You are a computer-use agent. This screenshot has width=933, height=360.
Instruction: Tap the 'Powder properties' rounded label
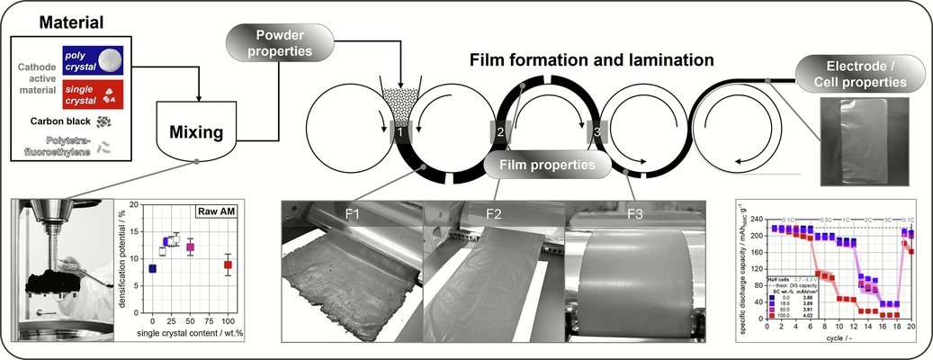[279, 43]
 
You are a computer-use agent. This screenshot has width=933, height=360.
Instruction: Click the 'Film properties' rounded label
[543, 165]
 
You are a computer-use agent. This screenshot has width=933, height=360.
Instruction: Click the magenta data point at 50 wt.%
[191, 247]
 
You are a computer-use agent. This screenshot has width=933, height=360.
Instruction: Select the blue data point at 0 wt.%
[152, 268]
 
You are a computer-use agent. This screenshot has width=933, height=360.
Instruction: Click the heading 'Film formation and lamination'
[591, 60]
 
